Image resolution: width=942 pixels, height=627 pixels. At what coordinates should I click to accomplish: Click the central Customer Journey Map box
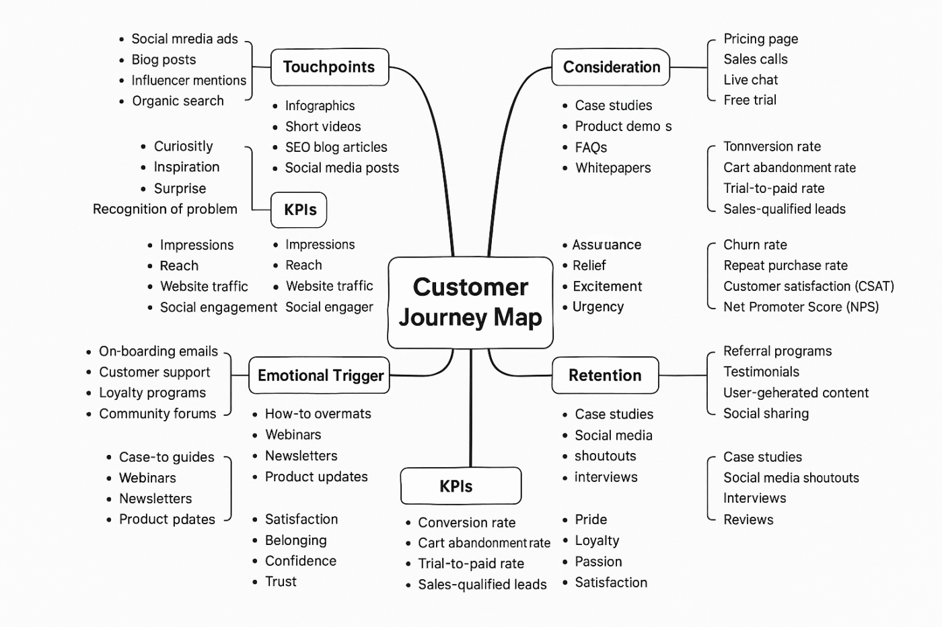pyautogui.click(x=470, y=302)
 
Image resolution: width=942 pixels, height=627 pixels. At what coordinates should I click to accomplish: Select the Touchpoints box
pyautogui.click(x=329, y=67)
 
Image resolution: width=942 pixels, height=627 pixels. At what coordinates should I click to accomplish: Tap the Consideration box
pyautogui.click(x=611, y=67)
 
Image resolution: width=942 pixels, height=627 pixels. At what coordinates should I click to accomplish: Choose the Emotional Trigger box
pyautogui.click(x=320, y=376)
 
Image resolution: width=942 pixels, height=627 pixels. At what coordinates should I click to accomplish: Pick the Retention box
pyautogui.click(x=605, y=376)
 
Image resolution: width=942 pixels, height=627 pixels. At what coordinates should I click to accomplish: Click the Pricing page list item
pyautogui.click(x=760, y=39)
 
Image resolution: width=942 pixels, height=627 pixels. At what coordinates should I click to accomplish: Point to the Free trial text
pyautogui.click(x=750, y=100)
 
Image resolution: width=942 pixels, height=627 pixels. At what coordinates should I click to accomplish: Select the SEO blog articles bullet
pyautogui.click(x=336, y=147)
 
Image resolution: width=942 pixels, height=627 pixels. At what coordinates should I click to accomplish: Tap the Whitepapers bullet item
pyautogui.click(x=612, y=168)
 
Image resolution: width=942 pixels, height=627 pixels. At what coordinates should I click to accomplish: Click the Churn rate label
pyautogui.click(x=755, y=245)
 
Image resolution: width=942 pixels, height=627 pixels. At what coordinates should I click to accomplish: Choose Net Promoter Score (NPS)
pyautogui.click(x=801, y=307)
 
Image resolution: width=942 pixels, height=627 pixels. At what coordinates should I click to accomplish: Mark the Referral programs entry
pyautogui.click(x=777, y=351)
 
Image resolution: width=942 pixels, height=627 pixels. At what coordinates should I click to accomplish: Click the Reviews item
pyautogui.click(x=748, y=519)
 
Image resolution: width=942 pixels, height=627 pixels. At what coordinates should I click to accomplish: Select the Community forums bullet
pyautogui.click(x=157, y=414)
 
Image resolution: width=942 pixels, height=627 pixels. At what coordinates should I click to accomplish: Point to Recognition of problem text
pyautogui.click(x=165, y=209)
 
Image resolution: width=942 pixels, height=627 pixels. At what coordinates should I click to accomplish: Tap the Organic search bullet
pyautogui.click(x=178, y=101)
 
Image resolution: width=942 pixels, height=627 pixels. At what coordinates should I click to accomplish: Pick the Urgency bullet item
pyautogui.click(x=597, y=307)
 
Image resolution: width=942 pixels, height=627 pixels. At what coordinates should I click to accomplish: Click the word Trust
pyautogui.click(x=281, y=582)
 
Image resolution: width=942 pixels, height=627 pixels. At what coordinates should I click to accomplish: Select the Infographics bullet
pyautogui.click(x=320, y=106)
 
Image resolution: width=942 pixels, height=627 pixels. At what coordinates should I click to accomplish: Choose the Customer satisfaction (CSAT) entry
pyautogui.click(x=808, y=286)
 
